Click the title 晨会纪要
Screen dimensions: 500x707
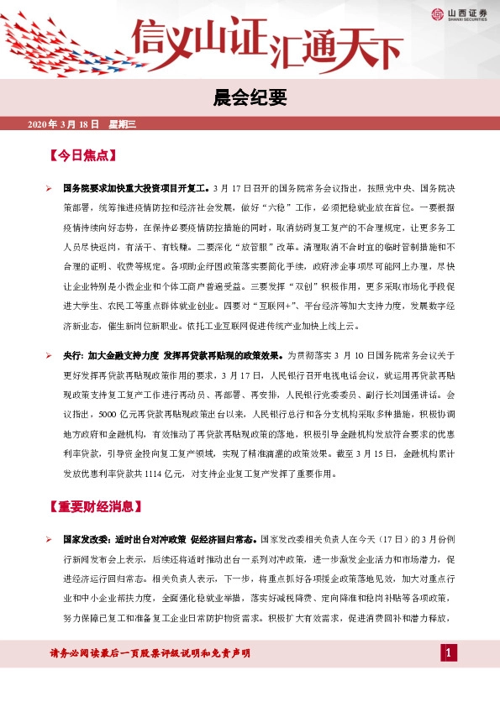click(250, 99)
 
